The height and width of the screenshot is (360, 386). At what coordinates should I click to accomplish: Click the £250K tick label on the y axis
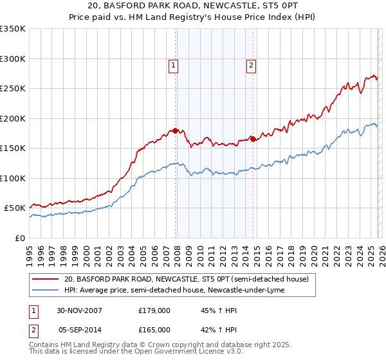(x=13, y=89)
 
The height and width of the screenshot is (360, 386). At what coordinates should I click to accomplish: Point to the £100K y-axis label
(x=13, y=178)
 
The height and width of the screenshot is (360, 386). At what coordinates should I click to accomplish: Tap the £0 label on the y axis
(x=21, y=238)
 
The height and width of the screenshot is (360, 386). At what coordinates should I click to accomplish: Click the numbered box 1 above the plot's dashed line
(x=173, y=64)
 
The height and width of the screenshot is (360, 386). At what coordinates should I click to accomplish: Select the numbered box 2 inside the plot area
(x=250, y=64)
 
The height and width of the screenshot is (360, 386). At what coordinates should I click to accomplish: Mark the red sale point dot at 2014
(x=253, y=138)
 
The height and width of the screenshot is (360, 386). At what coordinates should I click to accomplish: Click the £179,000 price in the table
(x=154, y=310)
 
